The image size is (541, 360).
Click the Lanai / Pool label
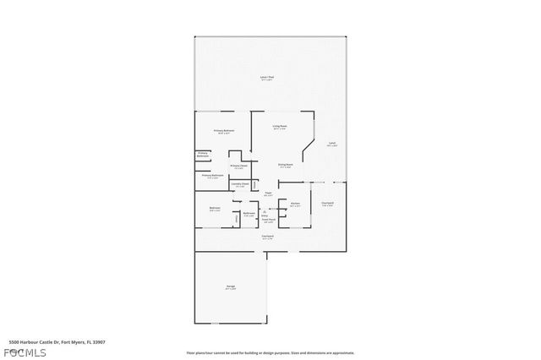point(266,79)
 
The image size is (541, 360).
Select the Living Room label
point(279,127)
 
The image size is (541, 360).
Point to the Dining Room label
point(285,165)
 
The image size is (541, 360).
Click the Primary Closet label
point(238,166)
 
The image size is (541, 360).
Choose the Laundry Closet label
point(239,184)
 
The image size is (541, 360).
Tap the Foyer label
point(267,194)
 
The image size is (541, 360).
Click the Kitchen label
point(295,205)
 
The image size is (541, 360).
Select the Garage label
point(230,287)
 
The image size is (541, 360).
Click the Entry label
point(265,215)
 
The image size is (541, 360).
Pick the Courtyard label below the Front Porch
point(267,237)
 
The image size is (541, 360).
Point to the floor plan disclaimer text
point(270,353)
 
